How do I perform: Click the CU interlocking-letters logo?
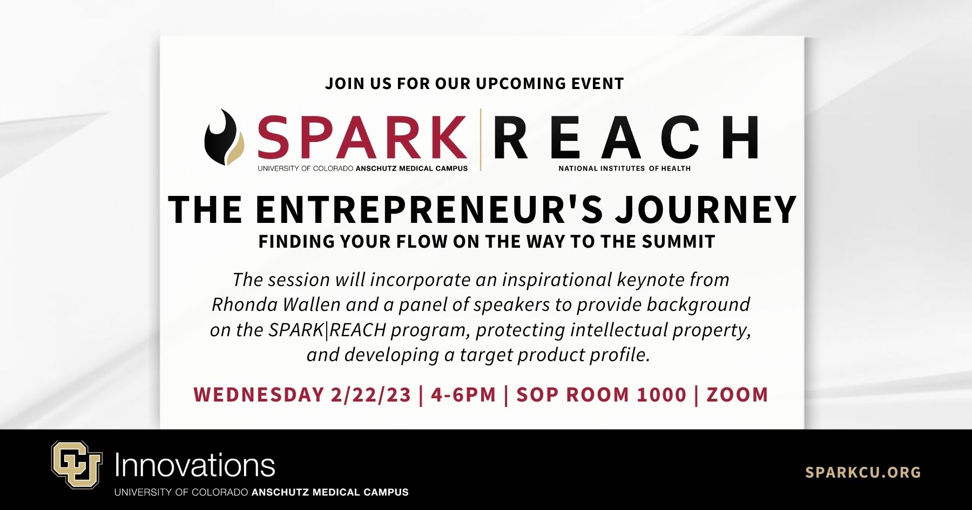tap(77, 464)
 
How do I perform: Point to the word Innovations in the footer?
tap(195, 465)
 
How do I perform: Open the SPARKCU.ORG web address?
tap(863, 472)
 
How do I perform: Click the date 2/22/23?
tap(371, 395)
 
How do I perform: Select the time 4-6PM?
tap(463, 395)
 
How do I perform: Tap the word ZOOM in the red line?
tap(737, 395)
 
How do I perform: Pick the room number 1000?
tap(661, 395)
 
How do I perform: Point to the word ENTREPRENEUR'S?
tap(429, 209)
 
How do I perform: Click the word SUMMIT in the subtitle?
tap(678, 241)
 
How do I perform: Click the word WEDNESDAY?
tap(259, 395)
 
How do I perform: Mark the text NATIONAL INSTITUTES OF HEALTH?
tap(625, 168)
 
